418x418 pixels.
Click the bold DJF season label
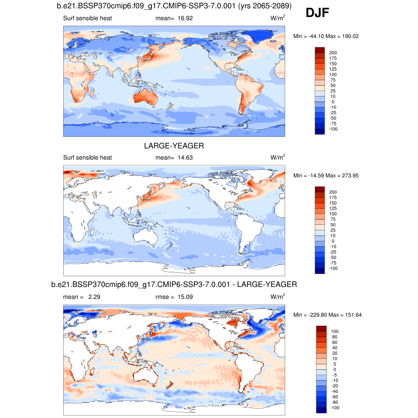pyautogui.click(x=317, y=13)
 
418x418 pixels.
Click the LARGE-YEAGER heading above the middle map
pyautogui.click(x=174, y=146)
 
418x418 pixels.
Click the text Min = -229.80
pyautogui.click(x=309, y=315)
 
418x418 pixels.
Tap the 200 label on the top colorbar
pyautogui.click(x=333, y=53)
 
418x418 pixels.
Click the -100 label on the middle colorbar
pyautogui.click(x=333, y=268)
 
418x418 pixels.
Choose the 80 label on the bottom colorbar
pyautogui.click(x=335, y=337)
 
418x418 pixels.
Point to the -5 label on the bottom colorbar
pyautogui.click(x=334, y=375)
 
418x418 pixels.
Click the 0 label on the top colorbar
pyautogui.click(x=333, y=102)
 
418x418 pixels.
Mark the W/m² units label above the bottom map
pyautogui.click(x=278, y=296)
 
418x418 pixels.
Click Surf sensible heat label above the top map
pyautogui.click(x=87, y=18)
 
